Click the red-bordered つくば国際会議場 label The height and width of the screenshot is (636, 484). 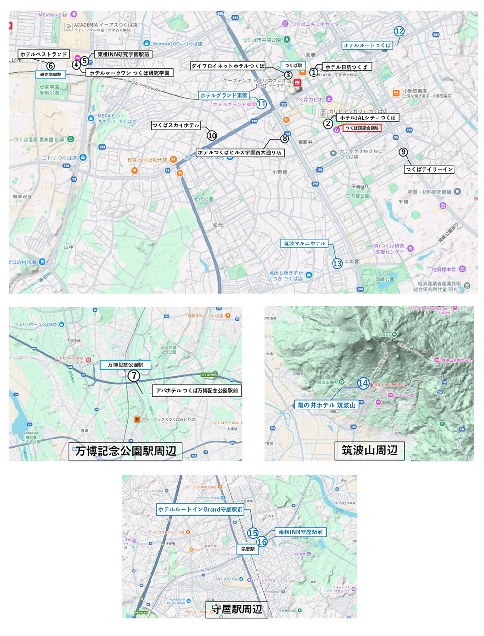(362, 128)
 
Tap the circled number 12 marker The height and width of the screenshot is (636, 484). (399, 31)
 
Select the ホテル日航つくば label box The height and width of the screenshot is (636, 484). (347, 67)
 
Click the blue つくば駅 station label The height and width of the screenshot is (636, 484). (293, 66)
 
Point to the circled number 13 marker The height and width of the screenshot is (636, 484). (337, 263)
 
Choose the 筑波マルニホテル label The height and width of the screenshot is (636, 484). (305, 243)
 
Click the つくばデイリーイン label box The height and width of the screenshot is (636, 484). (429, 169)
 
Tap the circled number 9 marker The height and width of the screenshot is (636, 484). (403, 152)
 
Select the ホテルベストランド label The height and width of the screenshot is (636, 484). (44, 54)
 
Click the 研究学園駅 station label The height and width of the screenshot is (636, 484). (50, 75)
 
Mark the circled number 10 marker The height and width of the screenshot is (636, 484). (212, 136)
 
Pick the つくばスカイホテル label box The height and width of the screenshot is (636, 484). (176, 125)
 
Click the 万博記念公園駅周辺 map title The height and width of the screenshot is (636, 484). (125, 451)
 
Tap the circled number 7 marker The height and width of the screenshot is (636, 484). (134, 376)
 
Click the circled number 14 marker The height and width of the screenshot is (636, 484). (363, 383)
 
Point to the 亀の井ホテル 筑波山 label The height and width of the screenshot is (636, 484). (327, 405)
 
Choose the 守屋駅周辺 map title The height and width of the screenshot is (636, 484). (237, 609)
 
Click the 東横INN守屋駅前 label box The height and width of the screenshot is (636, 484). (301, 532)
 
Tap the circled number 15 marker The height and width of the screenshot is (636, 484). (253, 533)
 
